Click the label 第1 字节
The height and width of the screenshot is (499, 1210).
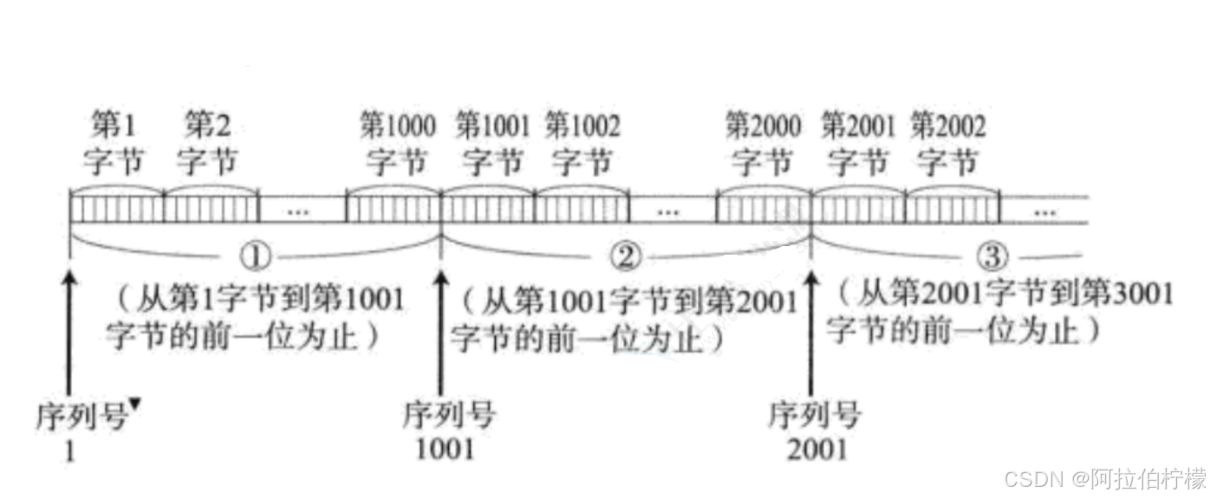[x=114, y=145]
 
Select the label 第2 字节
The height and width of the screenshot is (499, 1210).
[x=207, y=145]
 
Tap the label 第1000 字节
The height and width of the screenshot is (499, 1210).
[x=398, y=145]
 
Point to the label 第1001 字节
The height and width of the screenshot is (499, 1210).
[x=492, y=145]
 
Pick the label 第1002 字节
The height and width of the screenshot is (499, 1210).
[x=582, y=145]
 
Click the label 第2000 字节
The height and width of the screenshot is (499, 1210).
[x=763, y=145]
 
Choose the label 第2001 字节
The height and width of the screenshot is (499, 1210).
[x=857, y=145]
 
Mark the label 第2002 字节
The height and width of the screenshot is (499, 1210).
[x=947, y=145]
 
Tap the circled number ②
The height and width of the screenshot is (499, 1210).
[x=627, y=256]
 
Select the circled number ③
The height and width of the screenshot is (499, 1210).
[x=993, y=256]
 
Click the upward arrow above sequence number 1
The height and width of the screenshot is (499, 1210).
[x=69, y=329]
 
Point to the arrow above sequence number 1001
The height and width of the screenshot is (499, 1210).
[x=441, y=329]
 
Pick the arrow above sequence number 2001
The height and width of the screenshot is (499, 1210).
[x=811, y=329]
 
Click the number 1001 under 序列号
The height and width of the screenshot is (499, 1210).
[x=446, y=449]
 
